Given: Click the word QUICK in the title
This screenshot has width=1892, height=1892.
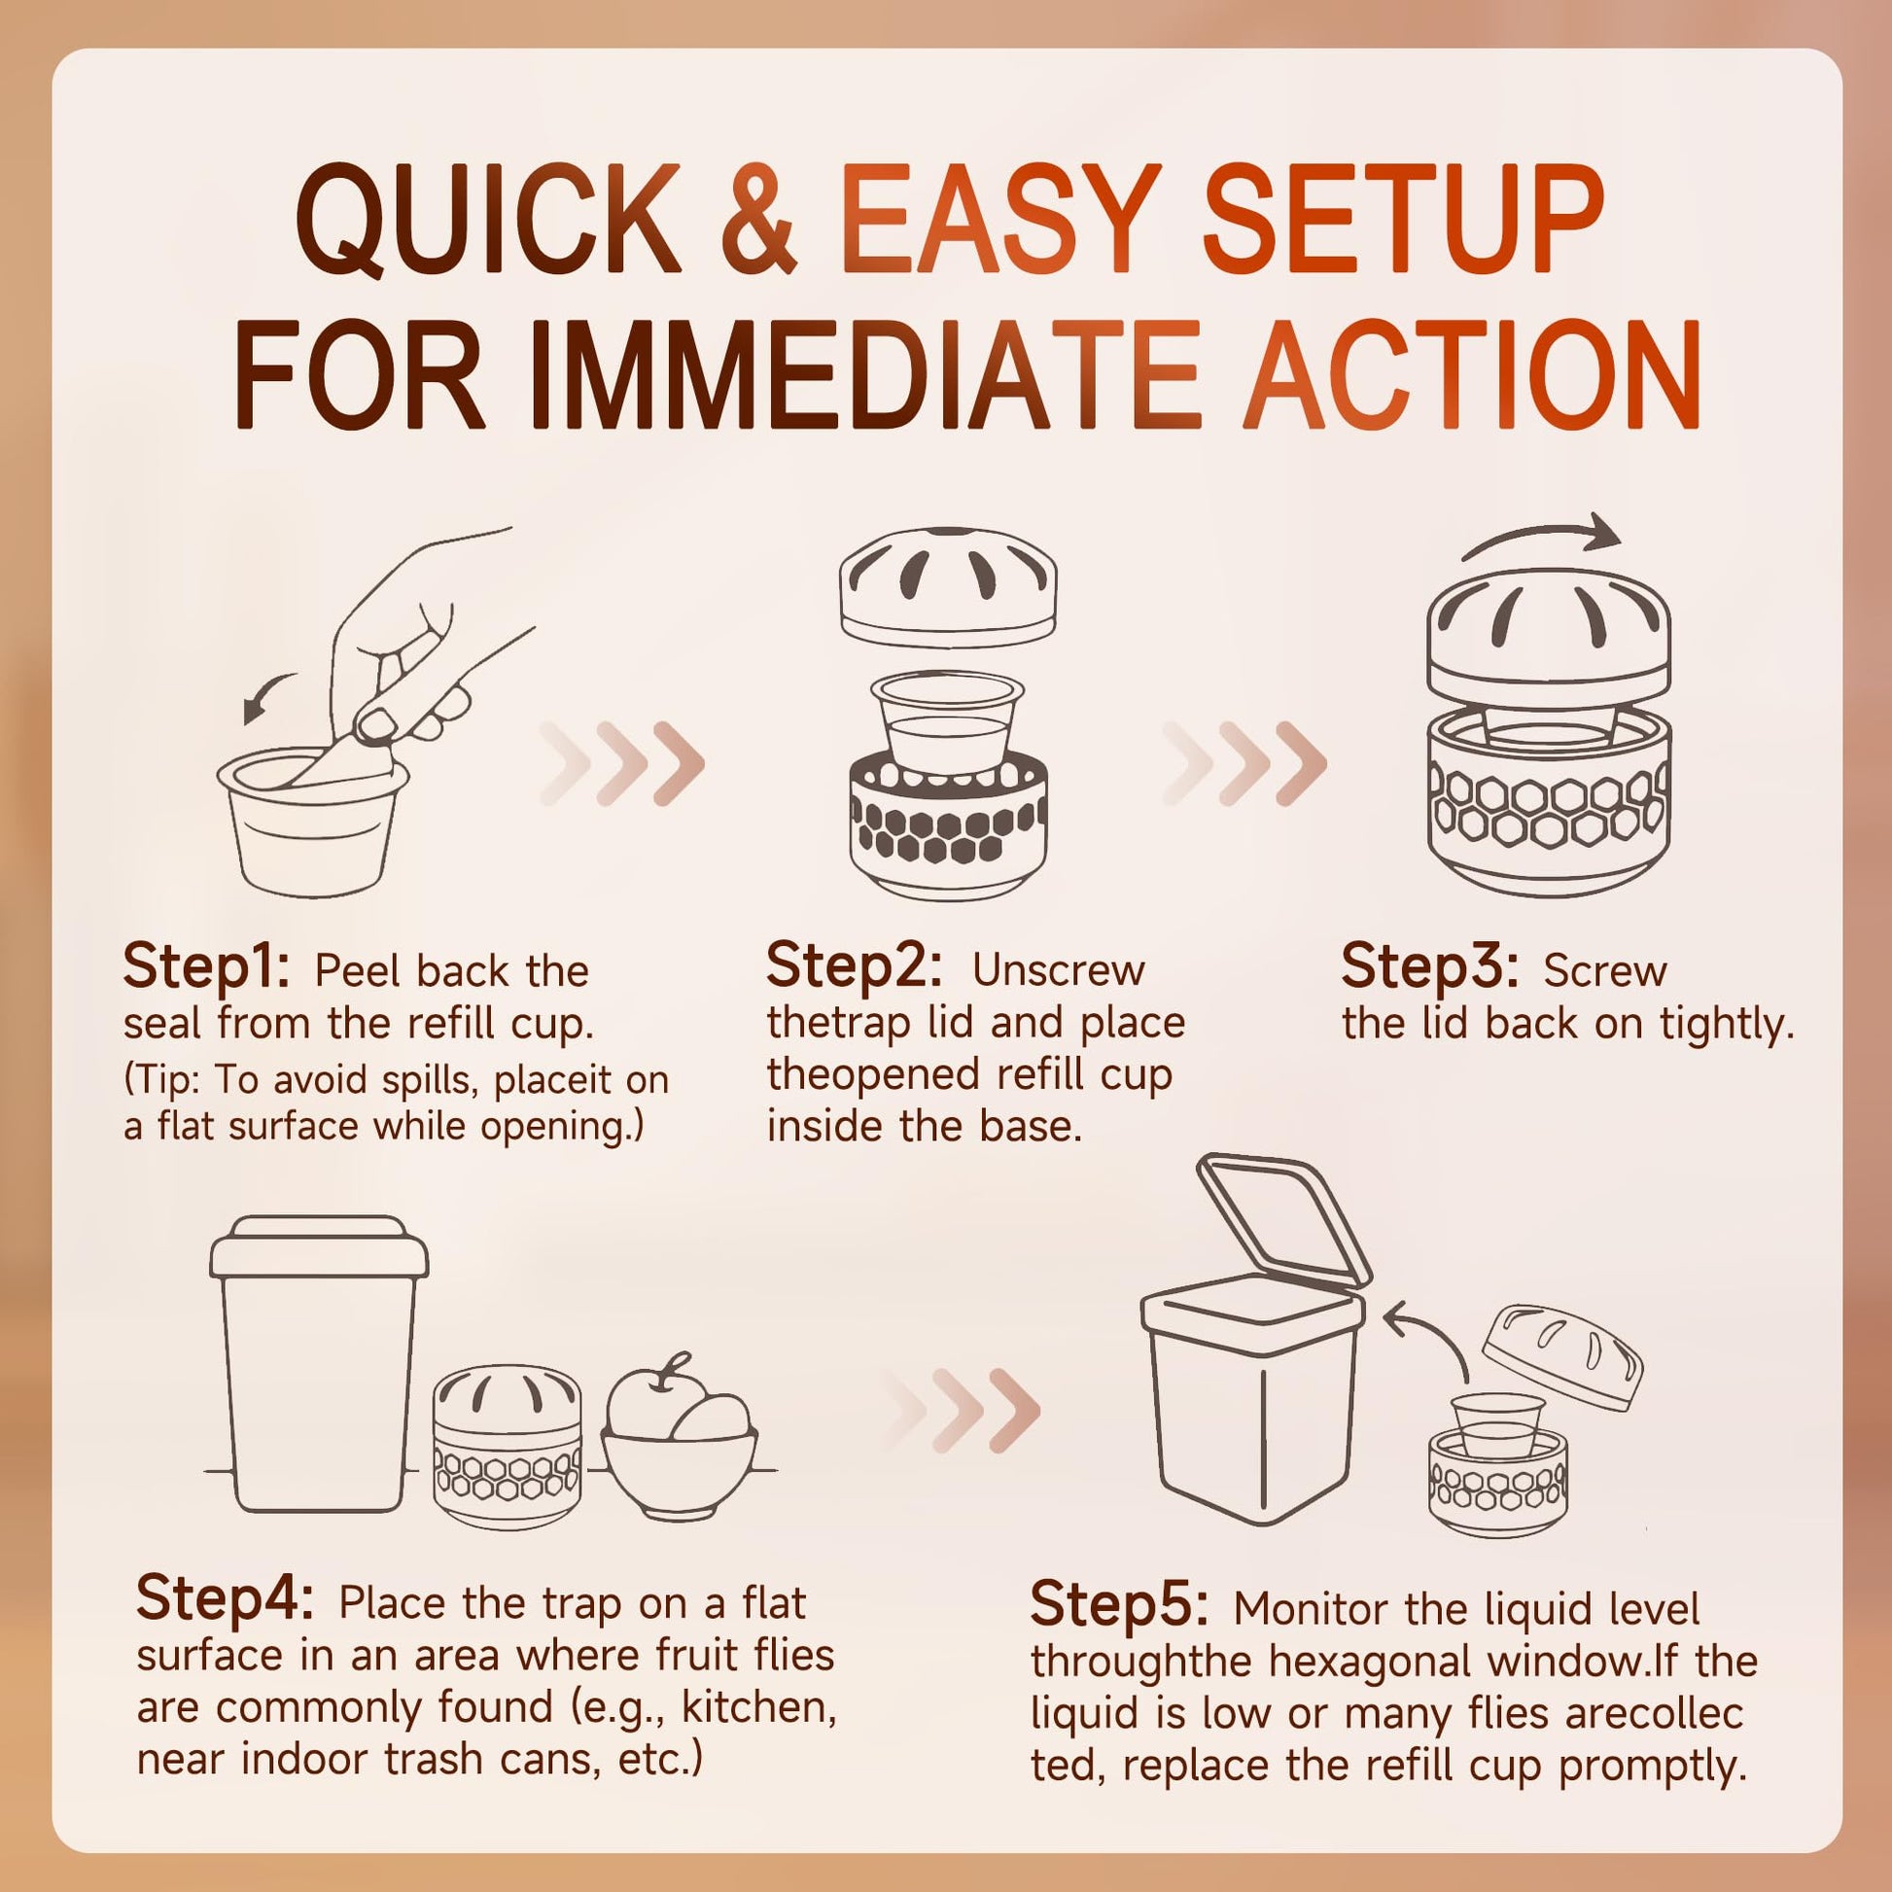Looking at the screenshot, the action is [x=488, y=221].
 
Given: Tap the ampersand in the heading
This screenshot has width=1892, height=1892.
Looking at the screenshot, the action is [x=758, y=221].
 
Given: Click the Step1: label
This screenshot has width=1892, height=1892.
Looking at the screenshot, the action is [x=207, y=967].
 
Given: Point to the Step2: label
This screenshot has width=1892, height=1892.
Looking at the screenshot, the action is [x=854, y=966].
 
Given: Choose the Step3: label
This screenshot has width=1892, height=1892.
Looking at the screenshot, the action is [x=1429, y=967].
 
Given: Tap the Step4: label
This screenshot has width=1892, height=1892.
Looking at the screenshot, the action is [x=226, y=1599].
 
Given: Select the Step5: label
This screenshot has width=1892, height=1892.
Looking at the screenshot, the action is [x=1119, y=1605].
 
